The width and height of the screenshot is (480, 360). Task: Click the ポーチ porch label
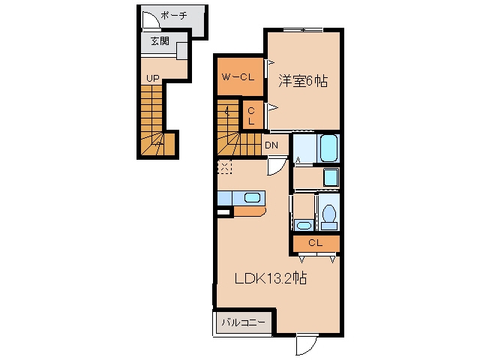pyautogui.click(x=173, y=15)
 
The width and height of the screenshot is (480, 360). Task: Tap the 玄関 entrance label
pyautogui.click(x=160, y=40)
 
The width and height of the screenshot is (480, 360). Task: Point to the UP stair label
pyautogui.click(x=153, y=79)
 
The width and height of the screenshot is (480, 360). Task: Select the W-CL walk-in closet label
pyautogui.click(x=238, y=77)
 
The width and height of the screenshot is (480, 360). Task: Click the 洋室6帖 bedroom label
pyautogui.click(x=303, y=82)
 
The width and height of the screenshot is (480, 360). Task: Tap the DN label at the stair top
pyautogui.click(x=271, y=145)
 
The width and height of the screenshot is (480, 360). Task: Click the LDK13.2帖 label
pyautogui.click(x=271, y=278)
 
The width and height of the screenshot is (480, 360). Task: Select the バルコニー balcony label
pyautogui.click(x=243, y=322)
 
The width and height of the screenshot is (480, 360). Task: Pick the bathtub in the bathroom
pyautogui.click(x=329, y=148)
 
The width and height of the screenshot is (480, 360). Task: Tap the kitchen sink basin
pyautogui.click(x=252, y=198)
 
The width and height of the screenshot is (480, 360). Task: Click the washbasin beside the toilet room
pyautogui.click(x=304, y=225)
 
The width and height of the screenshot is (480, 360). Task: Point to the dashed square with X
pyautogui.click(x=225, y=167)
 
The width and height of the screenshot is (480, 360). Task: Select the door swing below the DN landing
pyautogui.click(x=277, y=166)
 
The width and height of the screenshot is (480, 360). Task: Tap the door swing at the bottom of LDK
pyautogui.click(x=307, y=344)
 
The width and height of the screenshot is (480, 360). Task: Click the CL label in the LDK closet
pyautogui.click(x=316, y=243)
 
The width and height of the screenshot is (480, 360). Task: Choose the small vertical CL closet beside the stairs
pyautogui.click(x=253, y=115)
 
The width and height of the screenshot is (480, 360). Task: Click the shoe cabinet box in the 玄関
pyautogui.click(x=181, y=50)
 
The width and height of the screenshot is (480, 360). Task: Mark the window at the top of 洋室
pyautogui.click(x=303, y=30)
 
